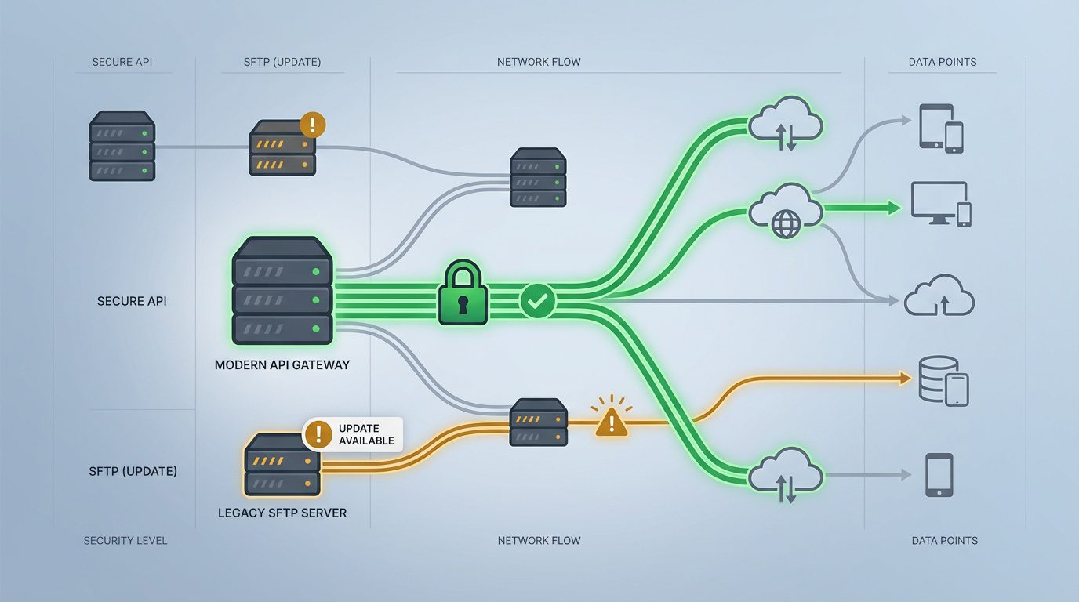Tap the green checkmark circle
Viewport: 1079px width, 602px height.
537,300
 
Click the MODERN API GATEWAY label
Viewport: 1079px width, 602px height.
282,365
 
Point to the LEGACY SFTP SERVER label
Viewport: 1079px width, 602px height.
282,513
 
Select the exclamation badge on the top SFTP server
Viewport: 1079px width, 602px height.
312,124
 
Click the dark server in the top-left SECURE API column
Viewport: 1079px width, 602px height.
122,147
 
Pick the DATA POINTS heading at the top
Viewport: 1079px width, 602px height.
943,62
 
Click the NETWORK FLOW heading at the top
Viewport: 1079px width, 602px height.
539,62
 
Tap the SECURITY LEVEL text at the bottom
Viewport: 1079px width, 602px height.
125,541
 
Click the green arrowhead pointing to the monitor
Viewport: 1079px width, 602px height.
892,208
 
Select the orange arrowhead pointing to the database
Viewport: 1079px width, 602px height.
904,379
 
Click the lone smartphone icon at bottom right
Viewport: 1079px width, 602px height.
939,474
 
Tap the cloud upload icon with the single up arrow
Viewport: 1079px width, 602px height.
939,296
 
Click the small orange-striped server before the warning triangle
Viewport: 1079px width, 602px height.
538,422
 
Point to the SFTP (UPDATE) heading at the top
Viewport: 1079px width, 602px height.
282,62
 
